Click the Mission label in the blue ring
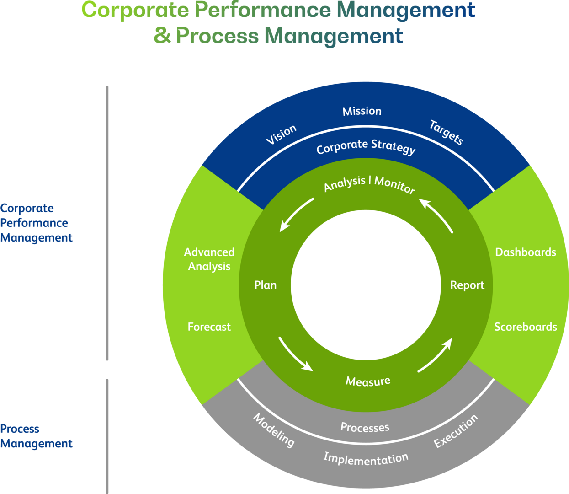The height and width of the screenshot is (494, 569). [362, 111]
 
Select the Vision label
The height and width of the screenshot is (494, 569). [282, 134]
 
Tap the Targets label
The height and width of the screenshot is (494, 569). [446, 132]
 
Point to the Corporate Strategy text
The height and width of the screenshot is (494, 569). [366, 147]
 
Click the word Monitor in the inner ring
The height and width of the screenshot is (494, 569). [395, 185]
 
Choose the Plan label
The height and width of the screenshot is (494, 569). [266, 285]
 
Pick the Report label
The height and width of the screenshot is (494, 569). [467, 285]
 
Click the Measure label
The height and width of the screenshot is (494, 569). [368, 381]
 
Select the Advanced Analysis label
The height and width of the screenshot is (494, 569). [209, 259]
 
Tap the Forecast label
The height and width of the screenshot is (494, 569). [209, 327]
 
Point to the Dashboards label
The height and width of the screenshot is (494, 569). [526, 252]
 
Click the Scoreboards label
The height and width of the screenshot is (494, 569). [526, 327]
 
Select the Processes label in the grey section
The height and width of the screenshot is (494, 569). [365, 427]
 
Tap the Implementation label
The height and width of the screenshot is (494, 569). [366, 458]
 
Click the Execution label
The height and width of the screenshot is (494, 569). [456, 431]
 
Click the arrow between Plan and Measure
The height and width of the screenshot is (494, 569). [295, 354]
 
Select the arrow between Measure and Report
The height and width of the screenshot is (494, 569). [436, 355]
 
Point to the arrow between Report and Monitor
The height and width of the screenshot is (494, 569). [436, 215]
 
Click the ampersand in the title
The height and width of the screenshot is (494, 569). [162, 36]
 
